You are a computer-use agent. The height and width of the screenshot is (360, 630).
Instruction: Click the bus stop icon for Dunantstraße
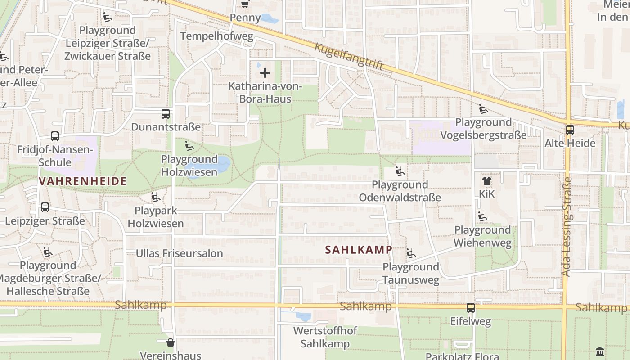pos(166,114)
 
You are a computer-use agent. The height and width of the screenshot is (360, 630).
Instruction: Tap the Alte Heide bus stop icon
pos(570,130)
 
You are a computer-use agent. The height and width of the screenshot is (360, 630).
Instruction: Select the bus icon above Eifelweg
pos(471,308)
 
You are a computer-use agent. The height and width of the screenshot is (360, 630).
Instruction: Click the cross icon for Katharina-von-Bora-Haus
pos(265,73)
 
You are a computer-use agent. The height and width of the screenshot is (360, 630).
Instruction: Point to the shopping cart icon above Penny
pos(245,4)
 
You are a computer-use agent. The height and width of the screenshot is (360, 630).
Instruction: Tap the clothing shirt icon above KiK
pos(486,181)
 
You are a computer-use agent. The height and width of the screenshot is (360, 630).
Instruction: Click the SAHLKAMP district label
pos(359,250)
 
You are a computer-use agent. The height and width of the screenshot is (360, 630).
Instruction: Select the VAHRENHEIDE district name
pos(82,181)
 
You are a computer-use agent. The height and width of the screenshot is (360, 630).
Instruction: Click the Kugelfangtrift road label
pos(349,56)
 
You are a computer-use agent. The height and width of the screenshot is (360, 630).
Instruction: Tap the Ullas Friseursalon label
pos(180,253)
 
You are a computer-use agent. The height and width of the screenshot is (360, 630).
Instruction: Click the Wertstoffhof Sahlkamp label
pos(325,337)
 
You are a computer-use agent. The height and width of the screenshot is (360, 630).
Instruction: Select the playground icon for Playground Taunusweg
pos(411,254)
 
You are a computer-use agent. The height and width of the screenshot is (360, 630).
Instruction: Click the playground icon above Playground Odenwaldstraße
pos(400,171)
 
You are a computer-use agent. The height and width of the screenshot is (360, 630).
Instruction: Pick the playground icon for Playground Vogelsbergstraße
pos(483,109)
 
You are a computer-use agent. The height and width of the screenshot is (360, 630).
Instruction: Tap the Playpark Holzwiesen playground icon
pos(156,198)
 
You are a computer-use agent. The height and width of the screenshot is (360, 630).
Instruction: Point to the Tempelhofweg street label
pos(217,36)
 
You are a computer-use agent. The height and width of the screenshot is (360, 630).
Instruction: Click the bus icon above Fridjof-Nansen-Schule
pos(55,136)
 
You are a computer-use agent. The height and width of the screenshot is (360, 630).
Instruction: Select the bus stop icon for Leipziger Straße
pos(45,207)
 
